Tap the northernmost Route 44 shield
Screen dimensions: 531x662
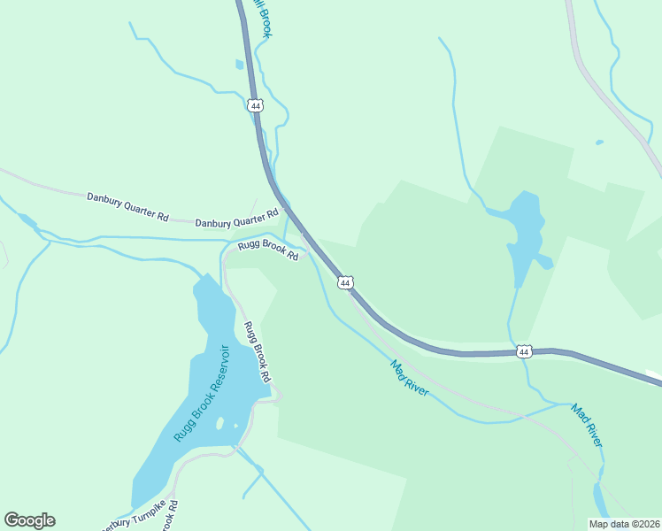pyautogui.click(x=255, y=105)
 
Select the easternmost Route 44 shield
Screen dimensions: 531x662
pyautogui.click(x=525, y=351)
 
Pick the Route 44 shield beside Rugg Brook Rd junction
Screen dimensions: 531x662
pyautogui.click(x=346, y=282)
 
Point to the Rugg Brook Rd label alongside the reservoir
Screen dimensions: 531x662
pyautogui.click(x=257, y=351)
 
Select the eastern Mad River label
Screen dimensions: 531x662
pyautogui.click(x=587, y=425)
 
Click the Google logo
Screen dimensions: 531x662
pyautogui.click(x=29, y=520)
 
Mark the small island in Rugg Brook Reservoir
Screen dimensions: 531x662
pyautogui.click(x=219, y=423)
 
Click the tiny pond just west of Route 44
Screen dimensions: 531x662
pyautogui.click(x=239, y=65)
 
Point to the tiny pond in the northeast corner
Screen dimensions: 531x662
pyautogui.click(x=599, y=142)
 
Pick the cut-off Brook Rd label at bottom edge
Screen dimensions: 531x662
pyautogui.click(x=170, y=518)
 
